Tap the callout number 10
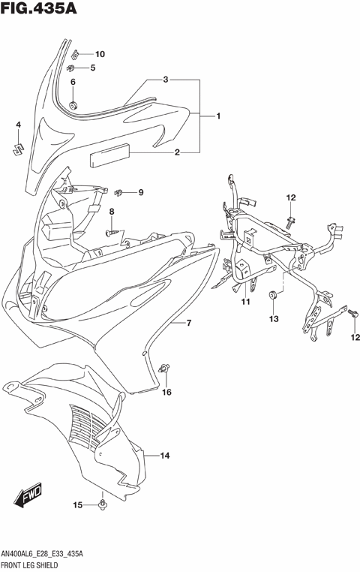(x=100, y=53)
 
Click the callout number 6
(x=73, y=82)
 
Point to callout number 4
(x=19, y=124)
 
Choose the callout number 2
(x=177, y=153)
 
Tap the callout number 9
(x=140, y=193)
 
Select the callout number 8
(x=112, y=212)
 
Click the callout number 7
(x=190, y=324)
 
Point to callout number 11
(x=245, y=303)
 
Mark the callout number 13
(x=274, y=319)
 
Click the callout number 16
(x=167, y=392)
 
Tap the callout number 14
(x=165, y=456)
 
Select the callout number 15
(x=77, y=504)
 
